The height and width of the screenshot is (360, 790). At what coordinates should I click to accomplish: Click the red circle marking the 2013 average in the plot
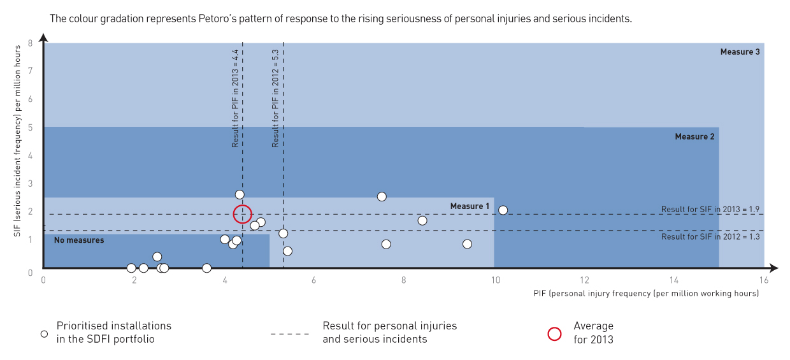click(x=242, y=215)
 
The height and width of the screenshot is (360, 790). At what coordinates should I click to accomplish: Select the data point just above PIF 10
click(x=503, y=210)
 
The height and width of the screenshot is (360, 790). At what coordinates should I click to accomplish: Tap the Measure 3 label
click(x=740, y=52)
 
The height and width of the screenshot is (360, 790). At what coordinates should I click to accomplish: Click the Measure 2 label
click(x=694, y=136)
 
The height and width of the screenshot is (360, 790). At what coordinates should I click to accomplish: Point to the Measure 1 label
click(x=470, y=206)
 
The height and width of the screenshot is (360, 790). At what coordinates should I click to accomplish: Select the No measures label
click(x=79, y=240)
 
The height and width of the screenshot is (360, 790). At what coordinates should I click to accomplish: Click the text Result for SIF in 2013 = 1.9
click(x=710, y=209)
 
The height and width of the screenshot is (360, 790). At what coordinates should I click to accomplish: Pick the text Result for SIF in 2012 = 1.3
click(x=710, y=236)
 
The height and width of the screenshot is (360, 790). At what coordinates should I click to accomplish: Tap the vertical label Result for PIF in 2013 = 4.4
click(x=235, y=98)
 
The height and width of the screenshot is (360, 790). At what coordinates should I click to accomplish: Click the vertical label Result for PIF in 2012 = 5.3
click(x=275, y=98)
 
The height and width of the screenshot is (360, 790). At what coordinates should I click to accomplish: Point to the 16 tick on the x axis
click(x=764, y=280)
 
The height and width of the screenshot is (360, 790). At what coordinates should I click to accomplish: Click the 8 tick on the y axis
click(x=30, y=43)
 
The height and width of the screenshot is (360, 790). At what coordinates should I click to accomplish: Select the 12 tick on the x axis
click(x=584, y=280)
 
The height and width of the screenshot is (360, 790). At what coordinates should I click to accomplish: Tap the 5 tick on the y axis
click(x=30, y=127)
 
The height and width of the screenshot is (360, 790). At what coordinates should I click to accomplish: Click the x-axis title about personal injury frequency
click(x=646, y=294)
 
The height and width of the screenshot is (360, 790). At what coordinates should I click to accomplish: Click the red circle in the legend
click(x=554, y=333)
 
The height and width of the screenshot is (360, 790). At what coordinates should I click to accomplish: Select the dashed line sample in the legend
click(x=290, y=333)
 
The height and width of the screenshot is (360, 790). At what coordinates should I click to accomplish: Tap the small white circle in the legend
click(x=44, y=333)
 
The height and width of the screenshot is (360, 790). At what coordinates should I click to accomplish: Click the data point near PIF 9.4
click(x=467, y=244)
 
